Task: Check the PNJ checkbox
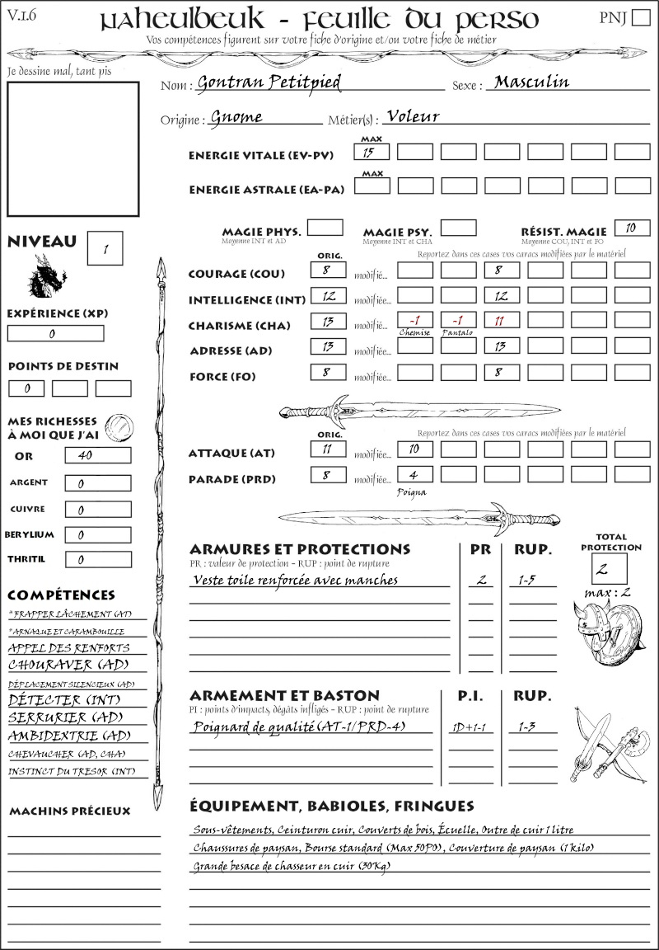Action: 640,18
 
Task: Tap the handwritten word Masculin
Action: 532,82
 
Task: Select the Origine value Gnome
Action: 236,117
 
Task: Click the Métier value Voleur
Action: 413,116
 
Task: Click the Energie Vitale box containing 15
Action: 372,152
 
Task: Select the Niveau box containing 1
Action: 106,247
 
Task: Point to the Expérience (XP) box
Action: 55,333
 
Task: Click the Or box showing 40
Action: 97,455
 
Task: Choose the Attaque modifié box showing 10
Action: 415,449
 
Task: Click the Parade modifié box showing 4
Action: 415,476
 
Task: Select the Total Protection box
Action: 610,569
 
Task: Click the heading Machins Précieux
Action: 69,811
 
